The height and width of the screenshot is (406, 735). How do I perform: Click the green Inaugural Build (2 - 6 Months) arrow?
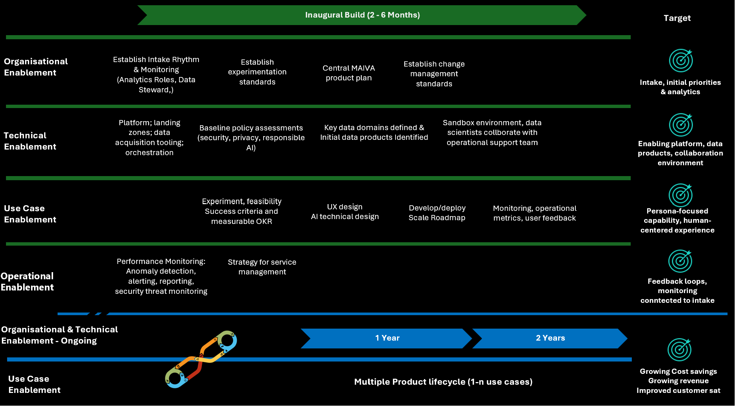coord(362,15)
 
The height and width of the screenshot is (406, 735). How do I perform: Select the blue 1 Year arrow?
coord(387,338)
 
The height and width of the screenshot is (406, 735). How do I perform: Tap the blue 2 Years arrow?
coord(550,338)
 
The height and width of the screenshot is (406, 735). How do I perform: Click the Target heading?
coord(677,18)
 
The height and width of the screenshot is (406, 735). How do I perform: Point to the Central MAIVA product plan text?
coord(348,73)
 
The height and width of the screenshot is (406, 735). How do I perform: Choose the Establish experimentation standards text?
coord(257,72)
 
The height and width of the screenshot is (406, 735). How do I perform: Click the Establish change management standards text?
coord(434,74)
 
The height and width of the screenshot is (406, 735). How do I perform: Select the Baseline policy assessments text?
coord(251,138)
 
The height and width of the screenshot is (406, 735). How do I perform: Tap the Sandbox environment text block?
coord(492,132)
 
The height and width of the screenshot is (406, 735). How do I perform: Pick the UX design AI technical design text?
coord(345,212)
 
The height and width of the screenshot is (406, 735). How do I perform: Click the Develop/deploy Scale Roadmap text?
coord(437,213)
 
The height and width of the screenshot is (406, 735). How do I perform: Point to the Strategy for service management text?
coord(262,267)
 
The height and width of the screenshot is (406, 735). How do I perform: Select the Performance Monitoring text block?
coord(161,276)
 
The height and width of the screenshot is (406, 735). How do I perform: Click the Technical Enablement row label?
coord(30,141)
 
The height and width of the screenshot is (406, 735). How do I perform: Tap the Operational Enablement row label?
coord(27,282)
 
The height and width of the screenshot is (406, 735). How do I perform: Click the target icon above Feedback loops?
coord(680,261)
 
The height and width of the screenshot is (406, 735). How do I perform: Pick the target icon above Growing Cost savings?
coord(679,350)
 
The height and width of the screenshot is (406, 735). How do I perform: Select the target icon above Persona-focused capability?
coord(680,195)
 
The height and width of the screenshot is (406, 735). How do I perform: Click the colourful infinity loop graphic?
coord(201,359)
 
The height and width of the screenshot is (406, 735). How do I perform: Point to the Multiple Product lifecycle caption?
coord(443,382)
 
